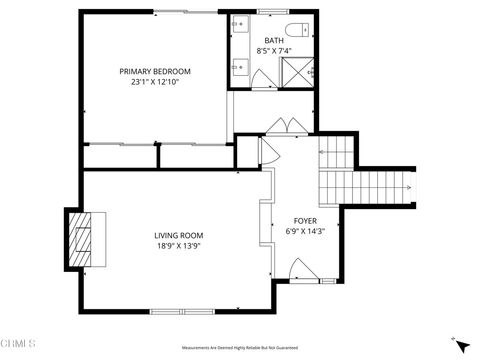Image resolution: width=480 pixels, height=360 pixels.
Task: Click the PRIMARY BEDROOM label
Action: coord(155,71)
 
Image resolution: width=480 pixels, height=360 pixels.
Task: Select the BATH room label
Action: coord(274,41)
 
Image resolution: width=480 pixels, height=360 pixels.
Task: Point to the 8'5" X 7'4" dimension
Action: coord(274,50)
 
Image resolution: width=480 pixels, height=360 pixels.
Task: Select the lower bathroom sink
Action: coord(240,68)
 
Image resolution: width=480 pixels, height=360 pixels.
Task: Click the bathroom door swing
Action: coord(262,77)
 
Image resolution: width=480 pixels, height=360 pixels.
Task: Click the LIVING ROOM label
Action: coord(179,235)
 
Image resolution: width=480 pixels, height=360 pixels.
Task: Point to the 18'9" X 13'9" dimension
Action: coord(179,246)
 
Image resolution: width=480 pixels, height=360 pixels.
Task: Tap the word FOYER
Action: coord(305,220)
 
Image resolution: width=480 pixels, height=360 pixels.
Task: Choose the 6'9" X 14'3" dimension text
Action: coord(305,231)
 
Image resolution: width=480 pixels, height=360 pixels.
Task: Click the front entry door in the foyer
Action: coord(302,269)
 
